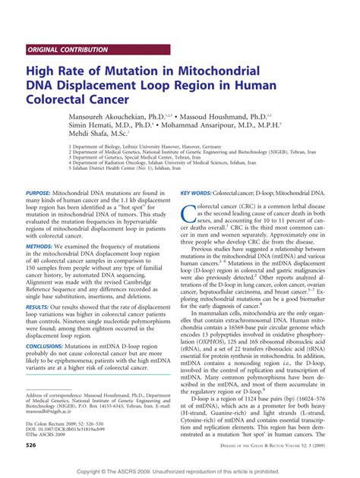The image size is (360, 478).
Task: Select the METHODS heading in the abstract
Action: tap(39, 247)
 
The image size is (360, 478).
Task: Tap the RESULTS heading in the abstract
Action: tap(39, 310)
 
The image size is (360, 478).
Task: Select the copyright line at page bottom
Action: tap(180, 472)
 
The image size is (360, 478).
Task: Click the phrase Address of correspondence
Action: tap(60, 396)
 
